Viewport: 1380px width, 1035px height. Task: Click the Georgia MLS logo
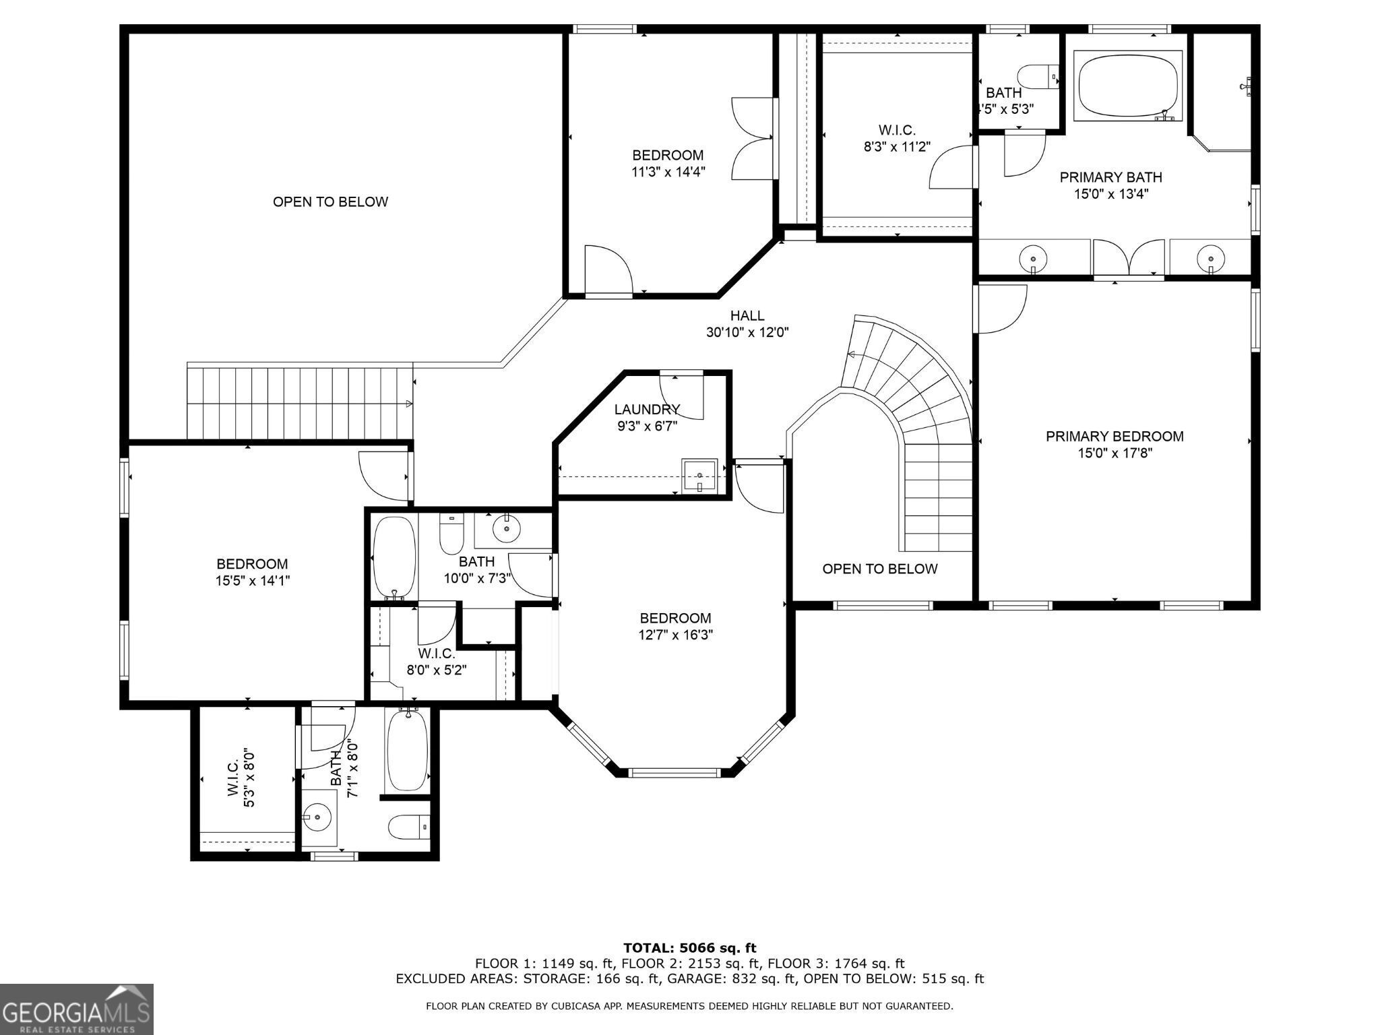76,1008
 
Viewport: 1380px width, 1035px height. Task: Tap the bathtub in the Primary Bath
1130,86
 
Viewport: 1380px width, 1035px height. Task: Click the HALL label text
747,315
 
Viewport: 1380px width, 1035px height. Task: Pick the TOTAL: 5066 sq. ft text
689,948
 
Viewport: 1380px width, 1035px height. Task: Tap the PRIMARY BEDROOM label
1115,436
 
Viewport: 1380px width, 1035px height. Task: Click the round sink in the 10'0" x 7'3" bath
507,529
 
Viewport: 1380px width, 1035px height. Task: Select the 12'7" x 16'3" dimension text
675,635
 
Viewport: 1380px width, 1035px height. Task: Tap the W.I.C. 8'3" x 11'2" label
897,138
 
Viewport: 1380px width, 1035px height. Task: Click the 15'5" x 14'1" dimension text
252,580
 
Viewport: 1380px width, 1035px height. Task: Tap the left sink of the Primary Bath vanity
1033,258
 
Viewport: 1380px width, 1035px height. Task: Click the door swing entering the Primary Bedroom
1001,309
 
